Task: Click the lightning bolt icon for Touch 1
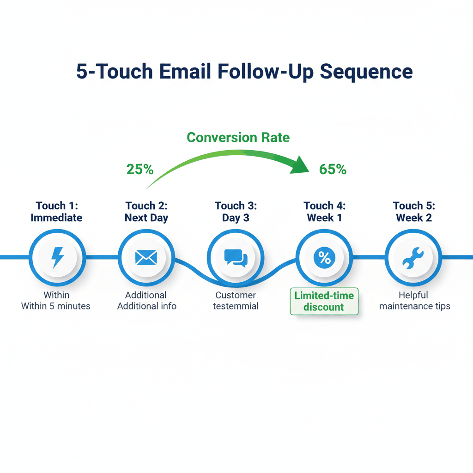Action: pos(57,257)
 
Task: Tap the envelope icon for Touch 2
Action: pos(146,257)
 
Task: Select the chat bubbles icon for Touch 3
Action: pos(236,257)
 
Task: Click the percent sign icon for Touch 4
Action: pos(324,258)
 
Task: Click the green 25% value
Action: pos(139,170)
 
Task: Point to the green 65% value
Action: pos(333,170)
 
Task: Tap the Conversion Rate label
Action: pos(238,137)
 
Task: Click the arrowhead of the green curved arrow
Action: pos(299,165)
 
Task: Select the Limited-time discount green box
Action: pos(324,301)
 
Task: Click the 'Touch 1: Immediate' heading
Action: pos(56,212)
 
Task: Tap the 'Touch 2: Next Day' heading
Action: pos(146,212)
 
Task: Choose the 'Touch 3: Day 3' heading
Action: pos(236,212)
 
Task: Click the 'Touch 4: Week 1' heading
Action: pos(324,212)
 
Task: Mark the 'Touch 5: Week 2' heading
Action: pos(414,212)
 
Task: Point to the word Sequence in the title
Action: pos(366,73)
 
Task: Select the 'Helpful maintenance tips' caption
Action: pos(414,300)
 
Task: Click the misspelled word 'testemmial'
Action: pos(236,306)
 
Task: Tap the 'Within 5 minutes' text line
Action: pos(56,306)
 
